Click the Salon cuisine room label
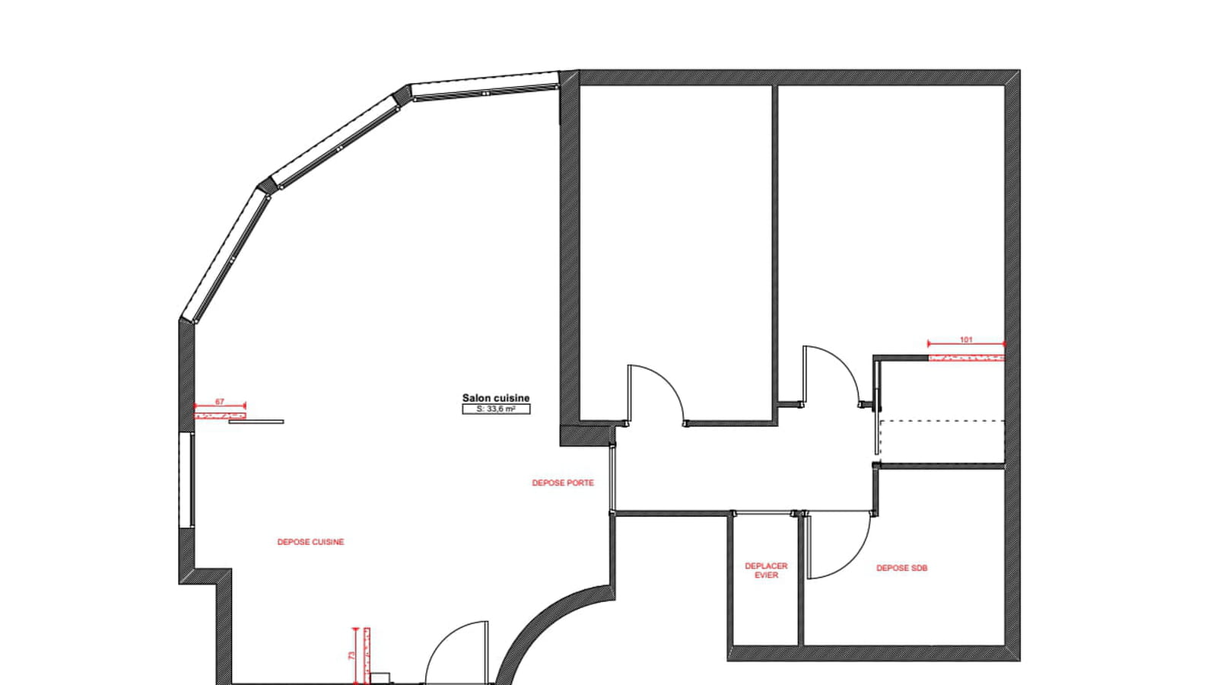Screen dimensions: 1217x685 (x=495, y=399)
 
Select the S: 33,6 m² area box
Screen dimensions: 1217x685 (x=496, y=409)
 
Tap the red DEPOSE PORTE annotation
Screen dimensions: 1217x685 (x=563, y=483)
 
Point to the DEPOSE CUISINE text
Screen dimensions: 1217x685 (x=311, y=542)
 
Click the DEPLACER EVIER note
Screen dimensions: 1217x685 (x=766, y=570)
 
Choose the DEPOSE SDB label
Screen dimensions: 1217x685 (x=902, y=568)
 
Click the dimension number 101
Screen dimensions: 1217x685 (x=966, y=339)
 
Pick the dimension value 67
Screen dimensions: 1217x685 (x=220, y=402)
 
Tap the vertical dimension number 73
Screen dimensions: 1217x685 (x=351, y=655)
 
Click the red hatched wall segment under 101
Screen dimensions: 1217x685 (x=966, y=358)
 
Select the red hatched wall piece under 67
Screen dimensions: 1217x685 (x=220, y=416)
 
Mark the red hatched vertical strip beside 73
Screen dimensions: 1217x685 (x=367, y=655)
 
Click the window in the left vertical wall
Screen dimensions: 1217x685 (x=186, y=480)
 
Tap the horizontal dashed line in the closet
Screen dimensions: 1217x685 (x=942, y=421)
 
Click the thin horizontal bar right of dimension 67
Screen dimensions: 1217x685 (x=256, y=422)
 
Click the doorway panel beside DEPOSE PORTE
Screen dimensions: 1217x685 (x=612, y=479)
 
